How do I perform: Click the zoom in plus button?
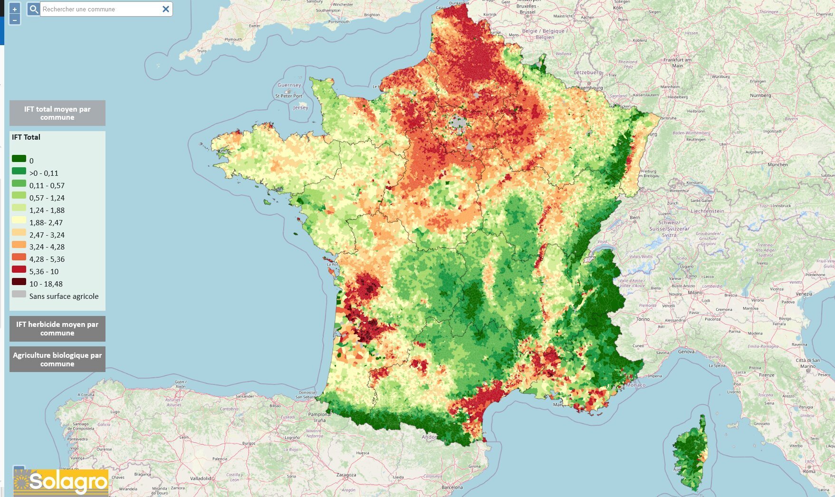tap(15, 9)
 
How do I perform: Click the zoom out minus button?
tap(15, 19)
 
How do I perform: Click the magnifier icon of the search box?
tap(33, 9)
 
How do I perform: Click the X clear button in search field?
tap(166, 9)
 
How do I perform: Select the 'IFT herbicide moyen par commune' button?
tap(57, 329)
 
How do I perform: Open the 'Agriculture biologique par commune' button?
tap(57, 359)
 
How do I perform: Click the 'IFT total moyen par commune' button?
tap(57, 113)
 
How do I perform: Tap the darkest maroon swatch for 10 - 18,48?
tap(19, 282)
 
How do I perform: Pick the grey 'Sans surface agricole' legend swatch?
tap(19, 294)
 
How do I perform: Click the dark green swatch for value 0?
tap(19, 159)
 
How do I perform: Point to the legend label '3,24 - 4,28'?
tap(47, 247)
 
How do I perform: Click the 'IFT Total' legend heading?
tap(26, 137)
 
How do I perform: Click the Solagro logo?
tap(61, 482)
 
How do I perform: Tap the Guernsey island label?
tap(289, 85)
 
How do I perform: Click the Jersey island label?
tap(300, 107)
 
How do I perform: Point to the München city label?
tap(777, 164)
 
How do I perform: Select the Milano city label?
tap(695, 293)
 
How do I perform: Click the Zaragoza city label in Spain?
tap(346, 475)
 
